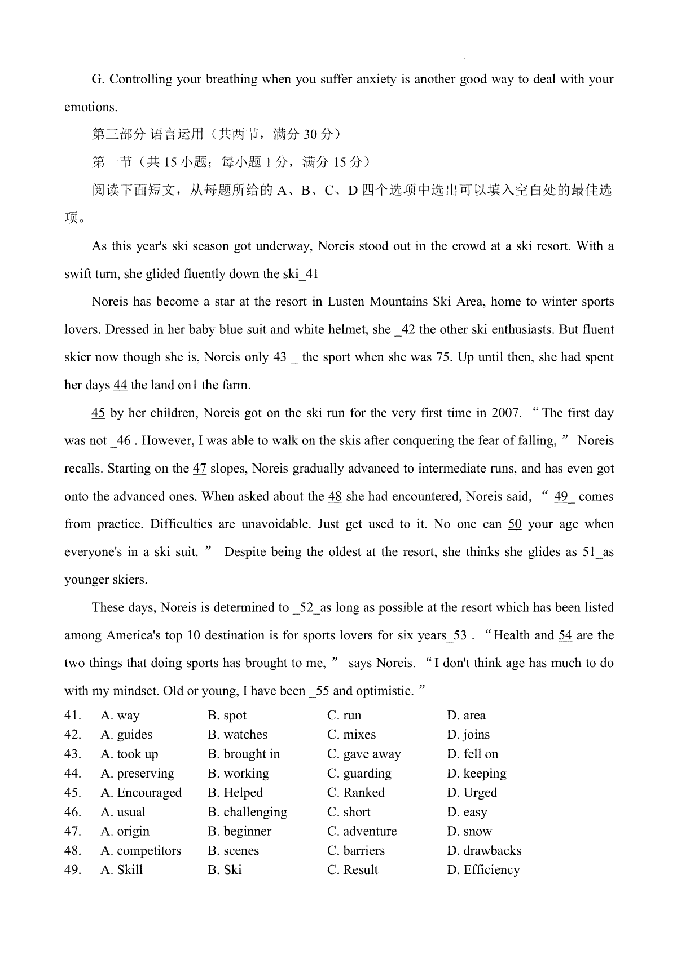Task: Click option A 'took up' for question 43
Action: coord(129,754)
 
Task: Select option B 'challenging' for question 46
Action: coord(247,813)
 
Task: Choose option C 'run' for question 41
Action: coord(344,716)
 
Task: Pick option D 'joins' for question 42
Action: coord(468,735)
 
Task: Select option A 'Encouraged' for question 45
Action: coord(141,793)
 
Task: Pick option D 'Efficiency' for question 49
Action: coord(483,870)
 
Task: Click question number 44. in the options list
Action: coord(73,774)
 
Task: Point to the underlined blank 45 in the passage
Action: coord(98,413)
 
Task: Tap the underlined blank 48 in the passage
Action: coord(335,497)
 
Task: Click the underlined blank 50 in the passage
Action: coord(515,524)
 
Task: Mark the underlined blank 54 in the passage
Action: coord(565,635)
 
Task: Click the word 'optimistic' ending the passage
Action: coord(383,691)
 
